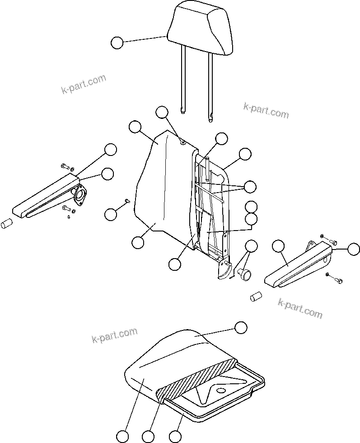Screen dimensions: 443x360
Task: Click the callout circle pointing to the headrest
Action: click(117, 43)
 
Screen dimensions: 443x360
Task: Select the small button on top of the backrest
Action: click(182, 143)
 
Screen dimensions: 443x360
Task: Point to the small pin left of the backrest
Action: click(128, 201)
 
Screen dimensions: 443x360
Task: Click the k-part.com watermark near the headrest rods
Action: click(266, 109)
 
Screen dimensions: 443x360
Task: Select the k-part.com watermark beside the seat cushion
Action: click(114, 335)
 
